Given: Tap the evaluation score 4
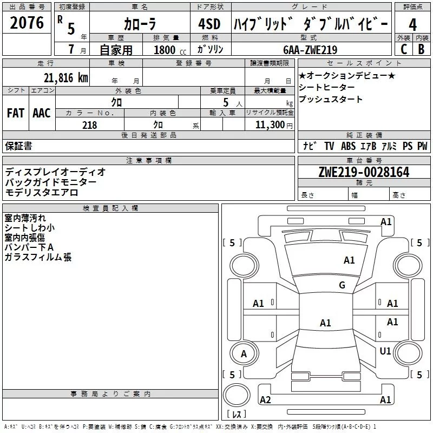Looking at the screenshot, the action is tap(413, 24).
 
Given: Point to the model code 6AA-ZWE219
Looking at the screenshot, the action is tap(310, 50).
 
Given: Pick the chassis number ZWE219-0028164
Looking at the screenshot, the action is tap(364, 173).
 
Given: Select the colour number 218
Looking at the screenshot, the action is tap(89, 125).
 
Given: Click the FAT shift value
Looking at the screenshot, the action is tap(15, 113).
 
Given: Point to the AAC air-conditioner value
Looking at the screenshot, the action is tap(41, 113).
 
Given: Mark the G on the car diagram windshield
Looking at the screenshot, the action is tap(342, 285).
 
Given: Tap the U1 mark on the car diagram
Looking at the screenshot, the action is tap(385, 351).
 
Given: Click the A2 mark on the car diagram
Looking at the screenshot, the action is tap(265, 400).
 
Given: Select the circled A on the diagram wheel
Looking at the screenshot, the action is tap(244, 354).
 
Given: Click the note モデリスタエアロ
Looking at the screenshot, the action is tap(42, 192).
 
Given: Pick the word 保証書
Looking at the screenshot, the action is tap(18, 146).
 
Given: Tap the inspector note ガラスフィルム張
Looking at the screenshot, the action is tap(38, 258).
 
